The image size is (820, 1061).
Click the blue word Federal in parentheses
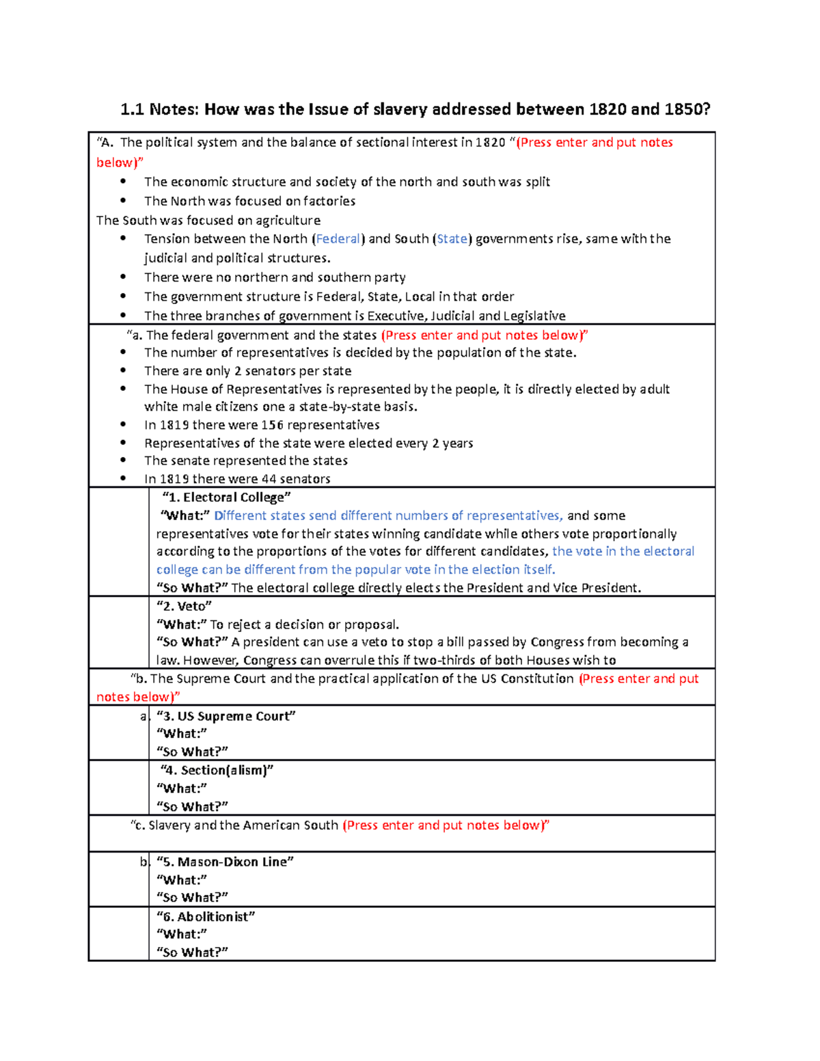tap(338, 239)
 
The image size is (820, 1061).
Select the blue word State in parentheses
tap(452, 239)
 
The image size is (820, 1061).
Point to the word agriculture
tap(288, 220)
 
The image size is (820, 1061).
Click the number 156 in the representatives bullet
tap(272, 425)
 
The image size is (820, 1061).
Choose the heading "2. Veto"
tap(184, 606)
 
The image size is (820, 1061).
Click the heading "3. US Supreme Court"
tap(226, 716)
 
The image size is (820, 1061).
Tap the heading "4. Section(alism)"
tap(217, 770)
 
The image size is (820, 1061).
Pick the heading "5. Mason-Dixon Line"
tap(225, 862)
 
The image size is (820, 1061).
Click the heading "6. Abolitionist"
tap(206, 917)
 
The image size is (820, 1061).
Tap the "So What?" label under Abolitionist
tap(192, 952)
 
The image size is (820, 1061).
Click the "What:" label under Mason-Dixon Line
tap(182, 880)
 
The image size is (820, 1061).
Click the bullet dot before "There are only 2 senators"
tap(123, 370)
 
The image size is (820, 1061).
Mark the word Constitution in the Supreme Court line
tap(537, 678)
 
